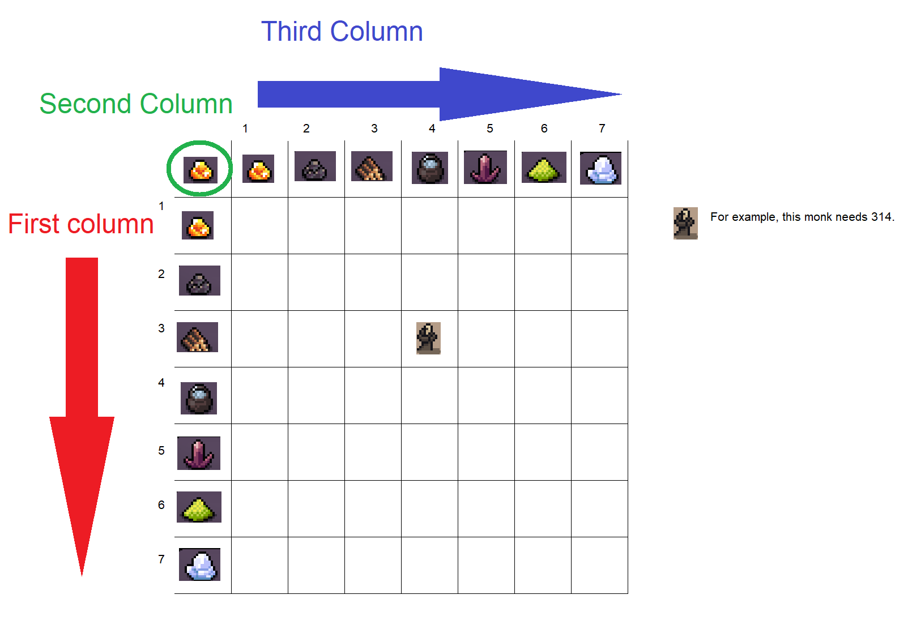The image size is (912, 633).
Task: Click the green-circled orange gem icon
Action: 201,170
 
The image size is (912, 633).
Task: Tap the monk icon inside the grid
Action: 428,338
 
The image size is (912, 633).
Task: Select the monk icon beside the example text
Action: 685,223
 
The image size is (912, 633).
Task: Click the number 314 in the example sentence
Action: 881,217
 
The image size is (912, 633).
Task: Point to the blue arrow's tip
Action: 622,95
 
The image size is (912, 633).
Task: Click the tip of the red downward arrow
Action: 82,576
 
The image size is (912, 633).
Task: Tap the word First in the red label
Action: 34,224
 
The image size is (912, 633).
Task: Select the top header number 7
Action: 602,129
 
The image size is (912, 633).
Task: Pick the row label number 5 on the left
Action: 161,451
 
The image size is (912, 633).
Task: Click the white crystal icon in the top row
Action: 600,168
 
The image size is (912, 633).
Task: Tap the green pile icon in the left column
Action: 199,507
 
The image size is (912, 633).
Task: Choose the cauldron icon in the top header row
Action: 430,168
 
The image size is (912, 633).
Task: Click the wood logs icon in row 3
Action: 198,337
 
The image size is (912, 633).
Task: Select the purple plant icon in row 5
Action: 199,453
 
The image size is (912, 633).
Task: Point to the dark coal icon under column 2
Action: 315,166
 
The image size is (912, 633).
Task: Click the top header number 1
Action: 245,129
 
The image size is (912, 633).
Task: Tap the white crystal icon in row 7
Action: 199,564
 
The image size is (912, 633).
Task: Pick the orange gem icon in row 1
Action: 198,225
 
